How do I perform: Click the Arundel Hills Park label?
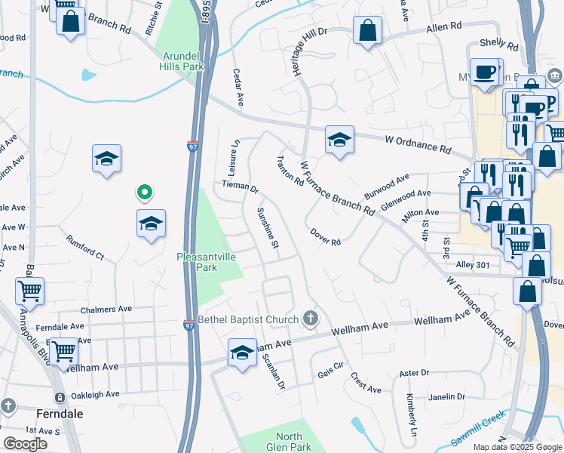tap(182, 61)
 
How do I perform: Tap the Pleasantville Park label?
tap(207, 262)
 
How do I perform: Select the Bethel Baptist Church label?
tap(248, 319)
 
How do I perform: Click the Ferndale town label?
tap(60, 414)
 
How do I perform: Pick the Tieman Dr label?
tap(240, 186)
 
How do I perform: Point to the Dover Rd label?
tap(325, 237)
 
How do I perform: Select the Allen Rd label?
tap(443, 26)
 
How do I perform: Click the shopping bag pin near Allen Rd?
tap(368, 32)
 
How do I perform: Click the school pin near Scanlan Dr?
tap(242, 353)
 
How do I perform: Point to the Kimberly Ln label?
tap(412, 415)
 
